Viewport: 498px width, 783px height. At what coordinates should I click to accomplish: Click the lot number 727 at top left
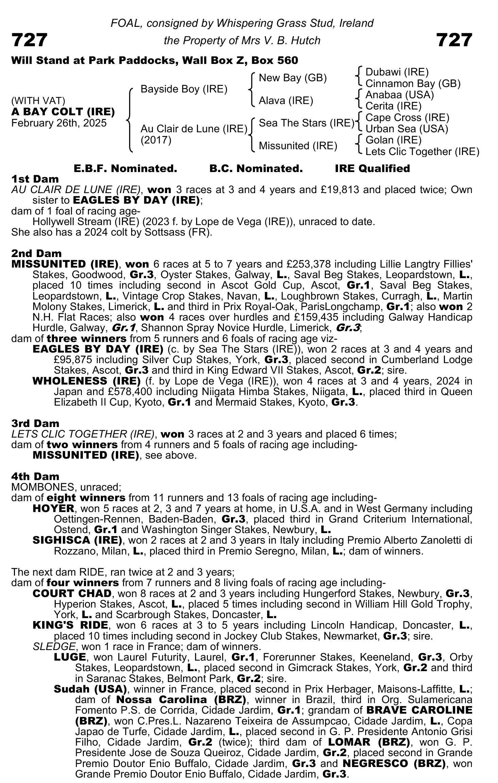pos(29,40)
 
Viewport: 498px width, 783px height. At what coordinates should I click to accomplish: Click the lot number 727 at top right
pos(454,40)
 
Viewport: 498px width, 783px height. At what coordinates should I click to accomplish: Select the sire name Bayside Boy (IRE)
pos(184,89)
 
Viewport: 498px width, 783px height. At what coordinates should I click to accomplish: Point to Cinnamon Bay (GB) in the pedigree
pos(413,83)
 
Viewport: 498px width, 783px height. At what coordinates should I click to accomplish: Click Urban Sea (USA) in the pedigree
pos(407,129)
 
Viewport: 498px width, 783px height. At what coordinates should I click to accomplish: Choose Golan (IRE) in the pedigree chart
pos(393,140)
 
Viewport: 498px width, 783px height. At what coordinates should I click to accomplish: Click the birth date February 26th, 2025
pos(59,123)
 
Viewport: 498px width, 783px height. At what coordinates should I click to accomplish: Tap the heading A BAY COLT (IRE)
pos(63,112)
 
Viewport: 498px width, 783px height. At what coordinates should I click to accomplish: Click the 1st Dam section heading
pos(35,179)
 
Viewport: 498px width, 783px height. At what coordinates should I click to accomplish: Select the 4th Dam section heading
pos(35,476)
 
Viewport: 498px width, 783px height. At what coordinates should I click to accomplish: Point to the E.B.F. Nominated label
pos(125,168)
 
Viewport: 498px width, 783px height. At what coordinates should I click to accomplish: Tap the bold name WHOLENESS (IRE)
pos(87,381)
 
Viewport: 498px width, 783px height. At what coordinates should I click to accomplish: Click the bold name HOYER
pos(53,509)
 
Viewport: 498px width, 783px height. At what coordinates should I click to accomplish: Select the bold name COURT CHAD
pos(72,594)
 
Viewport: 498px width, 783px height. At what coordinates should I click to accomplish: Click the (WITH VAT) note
pos(38,101)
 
